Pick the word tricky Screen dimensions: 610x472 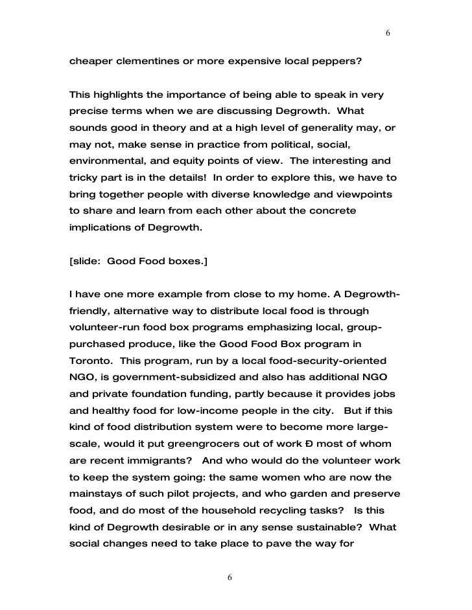coord(85,178)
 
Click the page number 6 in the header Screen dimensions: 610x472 coord(387,33)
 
